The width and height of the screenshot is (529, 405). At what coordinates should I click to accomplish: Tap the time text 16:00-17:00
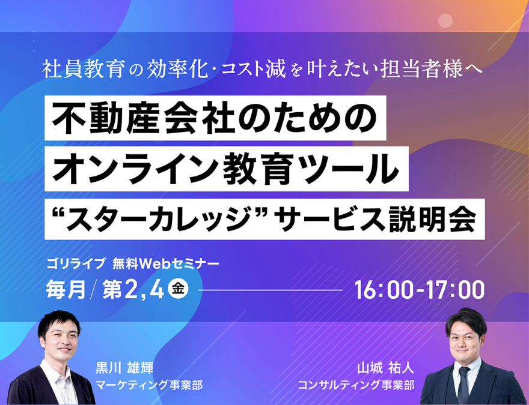click(420, 290)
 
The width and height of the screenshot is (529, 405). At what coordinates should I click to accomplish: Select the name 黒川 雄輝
click(124, 367)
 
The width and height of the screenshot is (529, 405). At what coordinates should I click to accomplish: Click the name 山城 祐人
click(385, 368)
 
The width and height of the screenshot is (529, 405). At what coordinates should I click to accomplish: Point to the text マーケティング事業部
click(150, 385)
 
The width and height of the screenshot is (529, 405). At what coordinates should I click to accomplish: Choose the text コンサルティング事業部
click(356, 385)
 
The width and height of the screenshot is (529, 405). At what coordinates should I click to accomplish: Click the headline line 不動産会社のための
click(215, 119)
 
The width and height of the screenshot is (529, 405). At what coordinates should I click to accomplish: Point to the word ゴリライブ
click(76, 263)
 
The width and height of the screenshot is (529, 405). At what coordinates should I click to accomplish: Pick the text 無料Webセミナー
click(166, 263)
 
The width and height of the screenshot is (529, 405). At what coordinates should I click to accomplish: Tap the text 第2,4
click(133, 290)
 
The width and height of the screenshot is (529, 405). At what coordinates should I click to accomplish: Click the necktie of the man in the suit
click(463, 385)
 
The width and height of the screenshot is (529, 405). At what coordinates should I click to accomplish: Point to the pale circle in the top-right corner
click(445, 21)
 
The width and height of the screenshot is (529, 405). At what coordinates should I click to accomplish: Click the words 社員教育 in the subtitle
click(84, 69)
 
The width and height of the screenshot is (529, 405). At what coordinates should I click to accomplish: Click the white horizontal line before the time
click(271, 290)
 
